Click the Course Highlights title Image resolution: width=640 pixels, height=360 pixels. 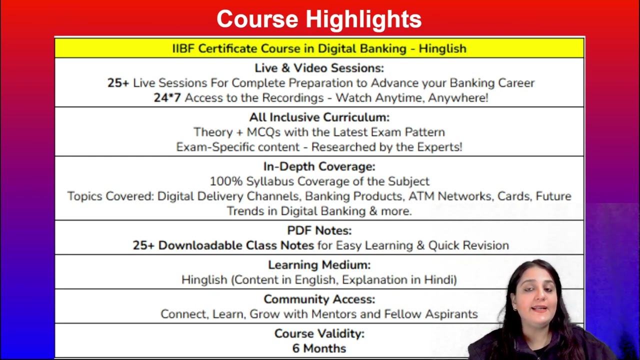[x=319, y=19]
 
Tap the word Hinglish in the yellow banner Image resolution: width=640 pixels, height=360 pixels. [x=442, y=48]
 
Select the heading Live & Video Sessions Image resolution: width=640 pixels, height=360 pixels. [x=319, y=68]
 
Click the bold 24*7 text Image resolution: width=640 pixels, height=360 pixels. [x=167, y=97]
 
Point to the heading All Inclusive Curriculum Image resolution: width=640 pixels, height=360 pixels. [x=319, y=117]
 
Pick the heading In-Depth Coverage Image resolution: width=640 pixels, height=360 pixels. [x=319, y=166]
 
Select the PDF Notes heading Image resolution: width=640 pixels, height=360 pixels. [x=319, y=230]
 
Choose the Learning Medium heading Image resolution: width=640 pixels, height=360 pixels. [x=319, y=265]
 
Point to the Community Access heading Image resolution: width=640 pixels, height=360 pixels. [x=319, y=299]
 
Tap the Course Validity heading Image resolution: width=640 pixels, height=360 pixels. [x=319, y=333]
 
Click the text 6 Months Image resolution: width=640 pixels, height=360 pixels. [x=319, y=348]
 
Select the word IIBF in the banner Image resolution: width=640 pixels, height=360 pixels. [x=183, y=48]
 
